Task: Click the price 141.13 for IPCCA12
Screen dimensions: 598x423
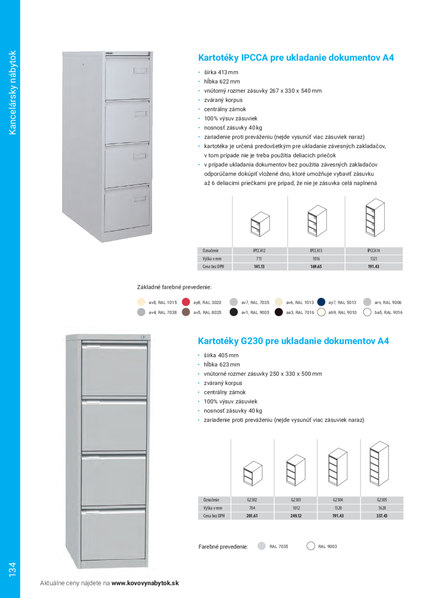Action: click(x=259, y=267)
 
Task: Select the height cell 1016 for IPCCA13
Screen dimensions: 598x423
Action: click(x=316, y=259)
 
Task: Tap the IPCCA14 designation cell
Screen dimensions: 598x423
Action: click(x=373, y=250)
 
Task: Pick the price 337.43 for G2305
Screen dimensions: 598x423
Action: click(x=382, y=516)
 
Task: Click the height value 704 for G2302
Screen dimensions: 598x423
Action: click(x=252, y=508)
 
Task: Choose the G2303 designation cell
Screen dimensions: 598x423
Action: click(x=296, y=499)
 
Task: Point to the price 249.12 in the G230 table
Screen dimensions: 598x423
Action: click(x=296, y=516)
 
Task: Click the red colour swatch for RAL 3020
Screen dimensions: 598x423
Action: click(x=186, y=302)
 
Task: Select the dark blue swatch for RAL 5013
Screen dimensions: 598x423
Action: click(x=321, y=302)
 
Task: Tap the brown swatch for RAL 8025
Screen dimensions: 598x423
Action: click(x=186, y=312)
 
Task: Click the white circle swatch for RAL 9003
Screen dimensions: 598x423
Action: click(x=310, y=546)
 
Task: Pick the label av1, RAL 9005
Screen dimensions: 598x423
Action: click(x=255, y=312)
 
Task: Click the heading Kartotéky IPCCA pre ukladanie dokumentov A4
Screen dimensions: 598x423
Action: click(x=296, y=58)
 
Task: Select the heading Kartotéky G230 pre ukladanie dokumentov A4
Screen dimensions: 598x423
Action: click(x=295, y=340)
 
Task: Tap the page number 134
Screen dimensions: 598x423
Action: click(x=12, y=569)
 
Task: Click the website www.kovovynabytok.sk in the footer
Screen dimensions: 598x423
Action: click(x=145, y=583)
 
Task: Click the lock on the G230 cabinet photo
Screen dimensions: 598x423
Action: click(x=142, y=338)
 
